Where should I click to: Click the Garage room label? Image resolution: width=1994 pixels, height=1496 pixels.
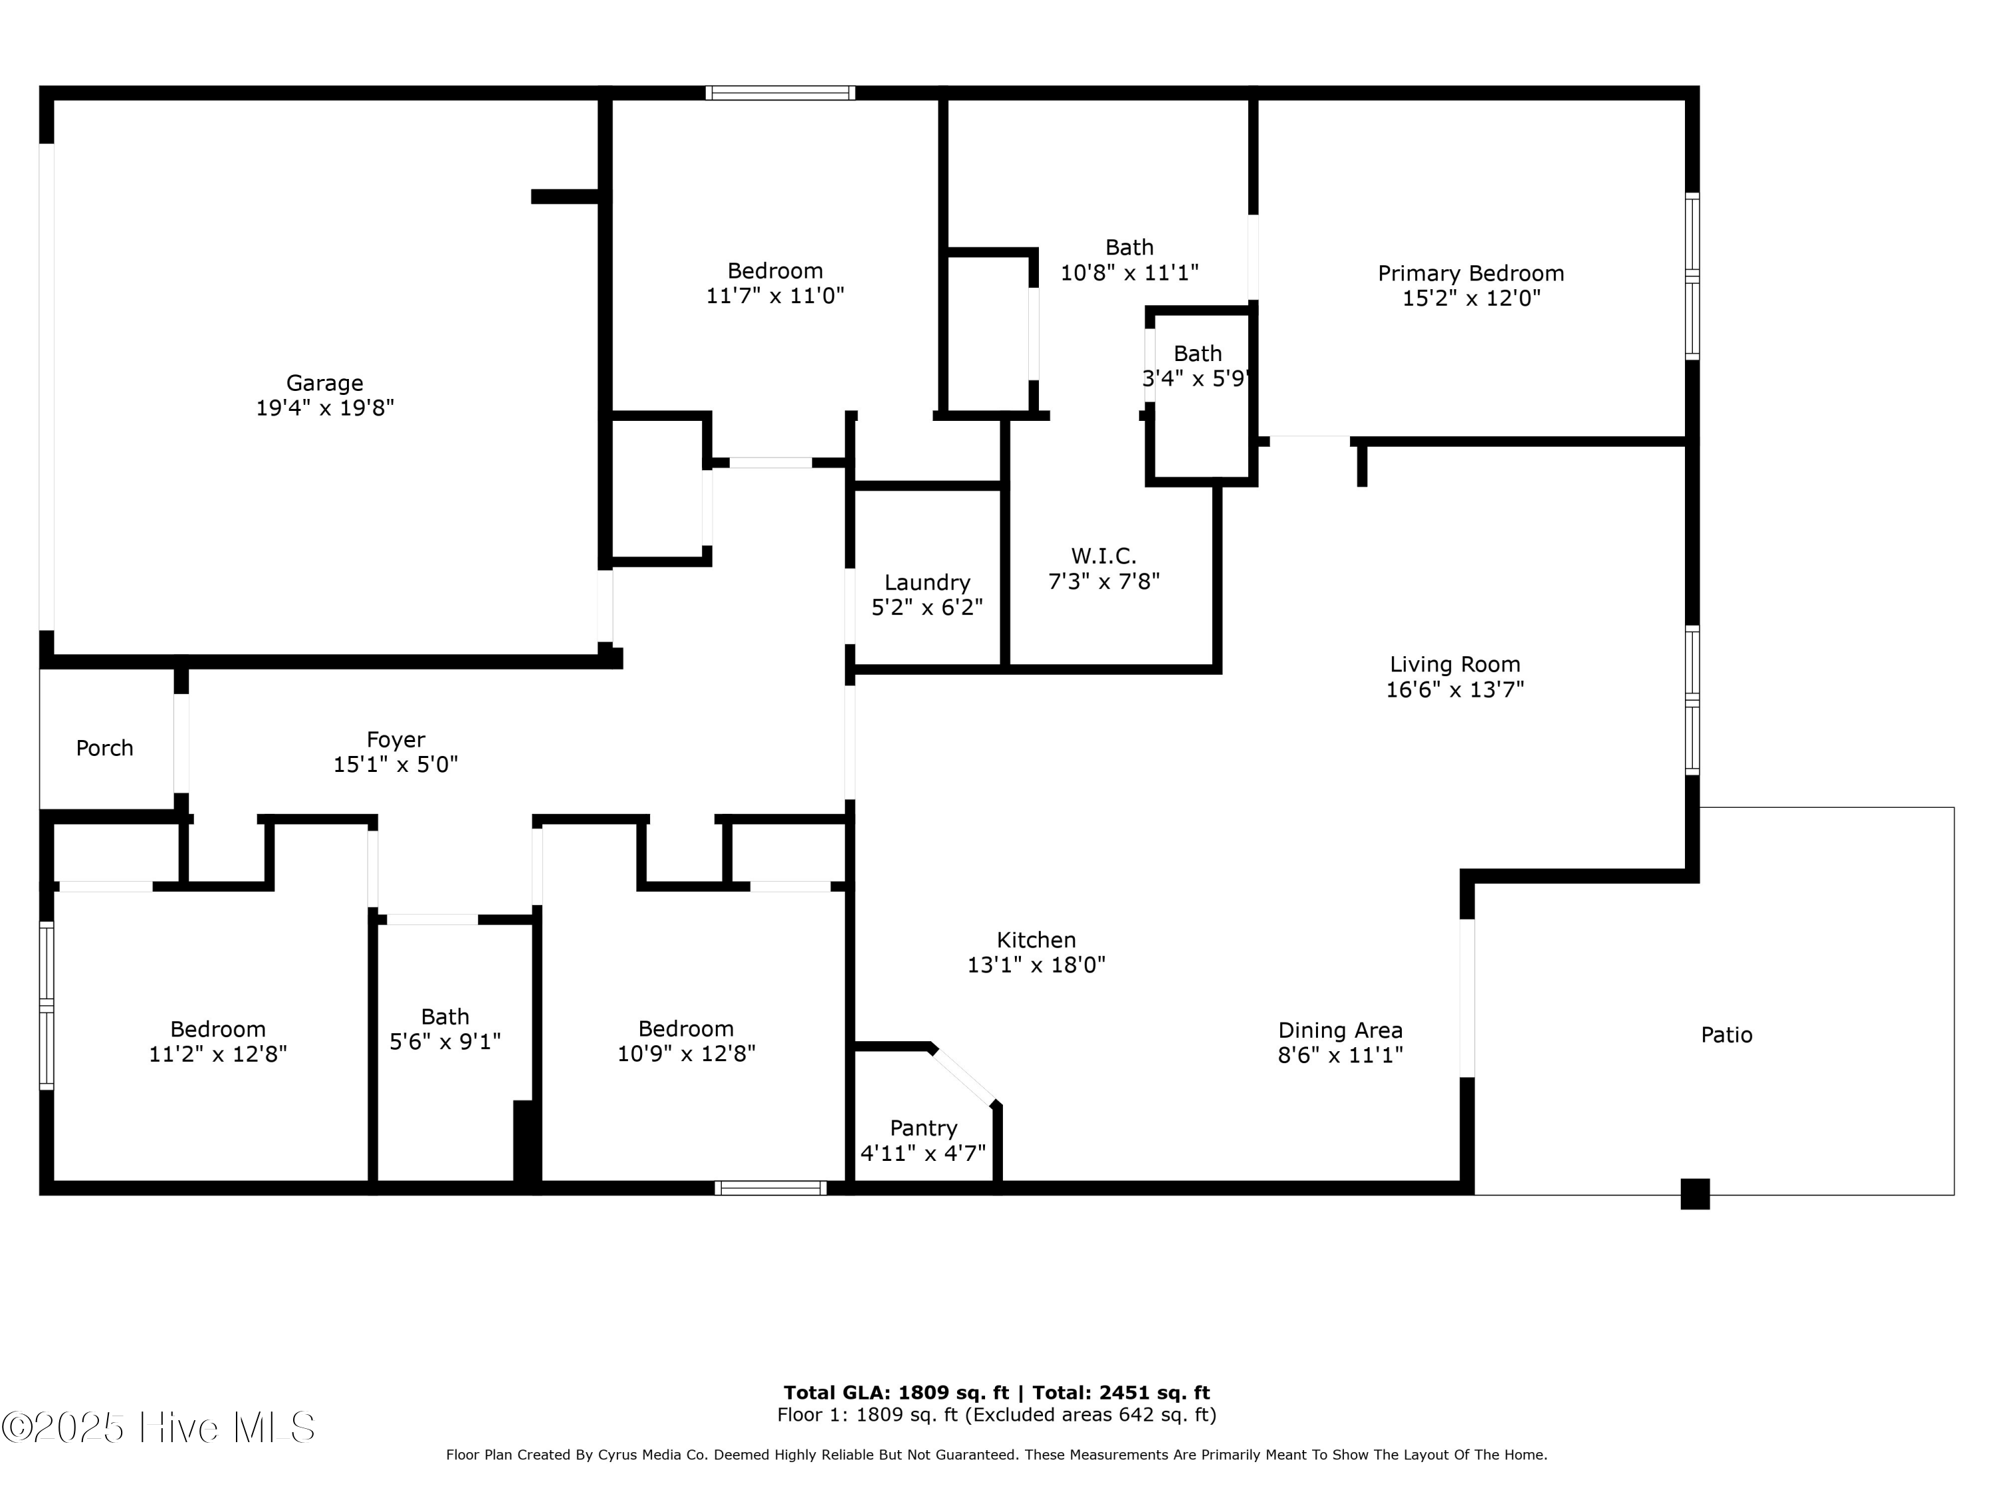point(324,383)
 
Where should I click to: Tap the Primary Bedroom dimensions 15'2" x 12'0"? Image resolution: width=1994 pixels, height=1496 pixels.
point(1471,299)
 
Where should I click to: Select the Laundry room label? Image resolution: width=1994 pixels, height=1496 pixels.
point(927,582)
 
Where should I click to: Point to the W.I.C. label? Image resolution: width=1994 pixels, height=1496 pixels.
point(1103,555)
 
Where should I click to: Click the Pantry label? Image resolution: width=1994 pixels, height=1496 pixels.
point(923,1128)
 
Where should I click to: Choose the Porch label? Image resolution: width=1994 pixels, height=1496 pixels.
point(104,747)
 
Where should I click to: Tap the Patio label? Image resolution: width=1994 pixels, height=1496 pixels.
point(1726,1035)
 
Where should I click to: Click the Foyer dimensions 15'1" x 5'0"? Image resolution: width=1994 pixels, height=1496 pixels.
point(395,765)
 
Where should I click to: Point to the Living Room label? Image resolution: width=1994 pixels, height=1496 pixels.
point(1455,665)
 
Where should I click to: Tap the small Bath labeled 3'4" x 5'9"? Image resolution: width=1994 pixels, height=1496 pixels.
point(1197,365)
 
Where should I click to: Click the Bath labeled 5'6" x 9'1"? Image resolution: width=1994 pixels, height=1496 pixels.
point(445,1029)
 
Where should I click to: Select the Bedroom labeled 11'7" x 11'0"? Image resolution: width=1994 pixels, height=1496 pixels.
point(775,283)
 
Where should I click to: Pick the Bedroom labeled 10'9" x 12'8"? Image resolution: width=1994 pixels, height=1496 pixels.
point(686,1041)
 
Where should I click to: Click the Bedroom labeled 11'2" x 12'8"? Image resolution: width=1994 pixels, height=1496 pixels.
point(217,1041)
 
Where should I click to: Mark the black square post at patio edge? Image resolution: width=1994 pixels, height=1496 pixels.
point(1695,1194)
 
